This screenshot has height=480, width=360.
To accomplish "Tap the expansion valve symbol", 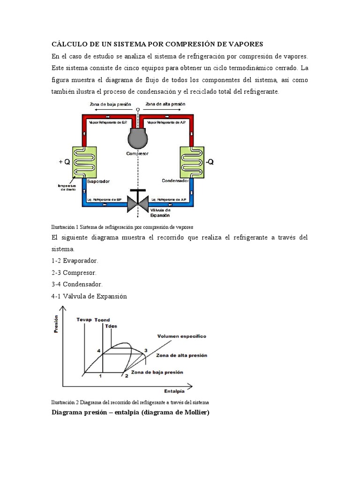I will click(x=138, y=203).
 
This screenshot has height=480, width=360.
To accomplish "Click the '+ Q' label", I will click(x=64, y=162).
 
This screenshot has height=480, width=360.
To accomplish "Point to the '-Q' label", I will click(x=210, y=162).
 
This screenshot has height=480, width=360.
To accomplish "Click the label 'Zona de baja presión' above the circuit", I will click(x=110, y=104).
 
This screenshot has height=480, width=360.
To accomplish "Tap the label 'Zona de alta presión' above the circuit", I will click(x=165, y=104).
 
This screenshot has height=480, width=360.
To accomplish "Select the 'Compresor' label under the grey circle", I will click(x=137, y=153).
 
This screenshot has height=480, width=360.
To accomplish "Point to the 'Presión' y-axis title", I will click(x=56, y=323).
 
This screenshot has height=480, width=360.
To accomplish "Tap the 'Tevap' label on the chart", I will click(x=84, y=320).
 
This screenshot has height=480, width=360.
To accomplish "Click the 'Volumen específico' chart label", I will click(x=181, y=336).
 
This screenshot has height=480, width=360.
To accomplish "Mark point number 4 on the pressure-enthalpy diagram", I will click(x=99, y=351).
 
